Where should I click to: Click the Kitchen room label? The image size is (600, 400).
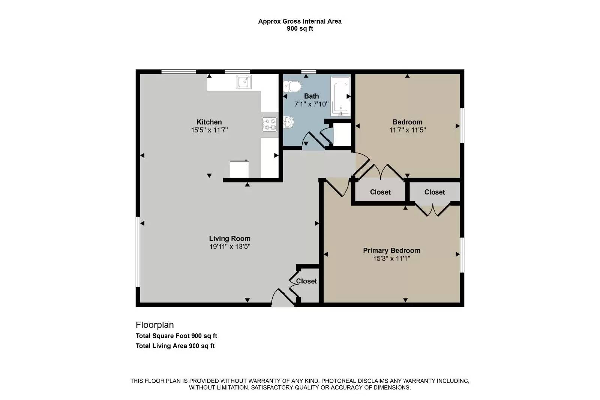(209, 122)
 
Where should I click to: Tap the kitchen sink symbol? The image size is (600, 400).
(244, 82)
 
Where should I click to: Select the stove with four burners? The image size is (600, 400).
(270, 124)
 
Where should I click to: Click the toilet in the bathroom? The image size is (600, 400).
(293, 87)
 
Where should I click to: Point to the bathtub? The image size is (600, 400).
(340, 96)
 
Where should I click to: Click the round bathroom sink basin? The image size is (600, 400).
(288, 122)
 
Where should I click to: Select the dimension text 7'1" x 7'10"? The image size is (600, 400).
(311, 104)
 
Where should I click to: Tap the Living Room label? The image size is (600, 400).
(229, 238)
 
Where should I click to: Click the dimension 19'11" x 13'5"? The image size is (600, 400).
(229, 247)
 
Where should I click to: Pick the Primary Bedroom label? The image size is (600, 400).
(391, 250)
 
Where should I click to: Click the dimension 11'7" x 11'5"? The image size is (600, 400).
(407, 130)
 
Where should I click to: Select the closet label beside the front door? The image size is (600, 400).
(306, 281)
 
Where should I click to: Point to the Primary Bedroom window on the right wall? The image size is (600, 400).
(462, 255)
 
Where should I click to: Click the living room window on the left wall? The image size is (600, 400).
(138, 252)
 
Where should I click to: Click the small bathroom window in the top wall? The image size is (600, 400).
(308, 71)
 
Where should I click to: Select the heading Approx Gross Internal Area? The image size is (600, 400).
(300, 21)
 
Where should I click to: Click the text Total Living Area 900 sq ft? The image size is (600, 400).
(175, 346)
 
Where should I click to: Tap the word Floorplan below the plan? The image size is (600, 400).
(154, 325)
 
